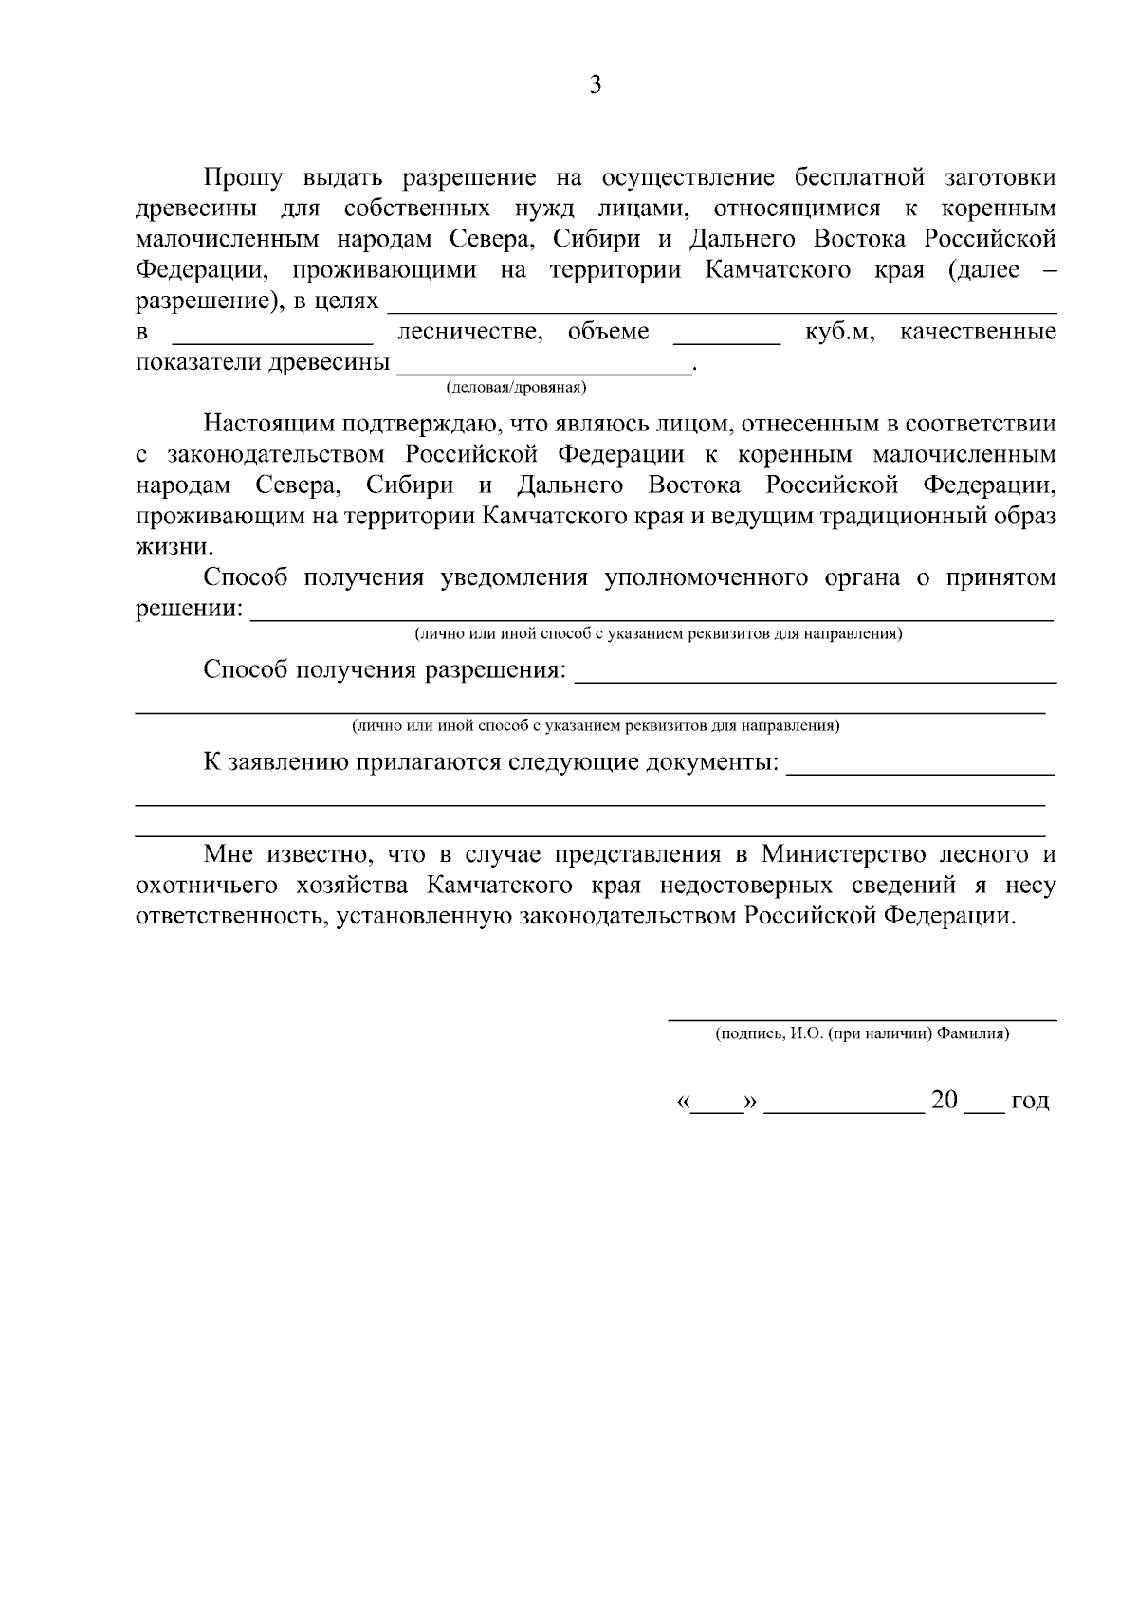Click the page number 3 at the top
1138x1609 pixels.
pyautogui.click(x=596, y=85)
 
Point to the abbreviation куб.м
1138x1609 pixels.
pyautogui.click(x=839, y=332)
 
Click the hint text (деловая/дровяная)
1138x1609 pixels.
pyautogui.click(x=516, y=387)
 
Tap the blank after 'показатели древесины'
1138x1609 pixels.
pyautogui.click(x=544, y=371)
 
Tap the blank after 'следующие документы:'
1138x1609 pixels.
pyautogui.click(x=920, y=772)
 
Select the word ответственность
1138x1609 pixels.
pyautogui.click(x=231, y=916)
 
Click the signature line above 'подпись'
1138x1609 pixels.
pyautogui.click(x=862, y=1018)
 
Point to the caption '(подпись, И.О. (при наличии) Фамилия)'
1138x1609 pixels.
pyautogui.click(x=862, y=1034)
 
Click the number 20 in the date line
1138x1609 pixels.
pyautogui.click(x=945, y=1100)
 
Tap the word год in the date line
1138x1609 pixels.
pyautogui.click(x=1030, y=1101)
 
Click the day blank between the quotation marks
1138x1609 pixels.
pyautogui.click(x=717, y=1106)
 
